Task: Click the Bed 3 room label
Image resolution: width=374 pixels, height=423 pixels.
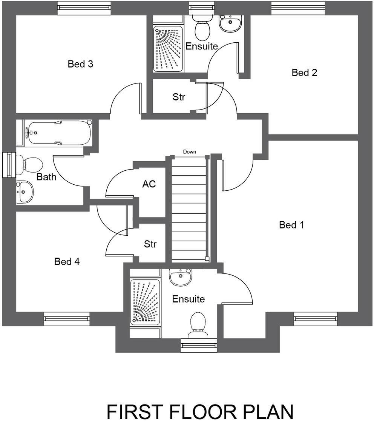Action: point(80,64)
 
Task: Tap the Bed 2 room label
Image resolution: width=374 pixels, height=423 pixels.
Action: point(304,73)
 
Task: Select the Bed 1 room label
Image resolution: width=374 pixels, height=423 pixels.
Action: point(291,225)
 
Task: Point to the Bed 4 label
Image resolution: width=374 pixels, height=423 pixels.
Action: point(67,261)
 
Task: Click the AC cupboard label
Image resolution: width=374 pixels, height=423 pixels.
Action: point(149,184)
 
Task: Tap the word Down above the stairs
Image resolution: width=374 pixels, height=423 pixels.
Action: point(190,152)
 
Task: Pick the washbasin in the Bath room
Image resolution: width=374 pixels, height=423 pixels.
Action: point(25,192)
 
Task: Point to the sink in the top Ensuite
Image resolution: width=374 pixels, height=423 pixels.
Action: point(230,24)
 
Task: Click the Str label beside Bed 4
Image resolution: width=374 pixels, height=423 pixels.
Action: point(150,244)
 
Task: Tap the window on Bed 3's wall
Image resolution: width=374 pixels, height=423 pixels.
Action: point(84,8)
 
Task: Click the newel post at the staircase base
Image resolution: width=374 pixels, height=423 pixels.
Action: point(207,259)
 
